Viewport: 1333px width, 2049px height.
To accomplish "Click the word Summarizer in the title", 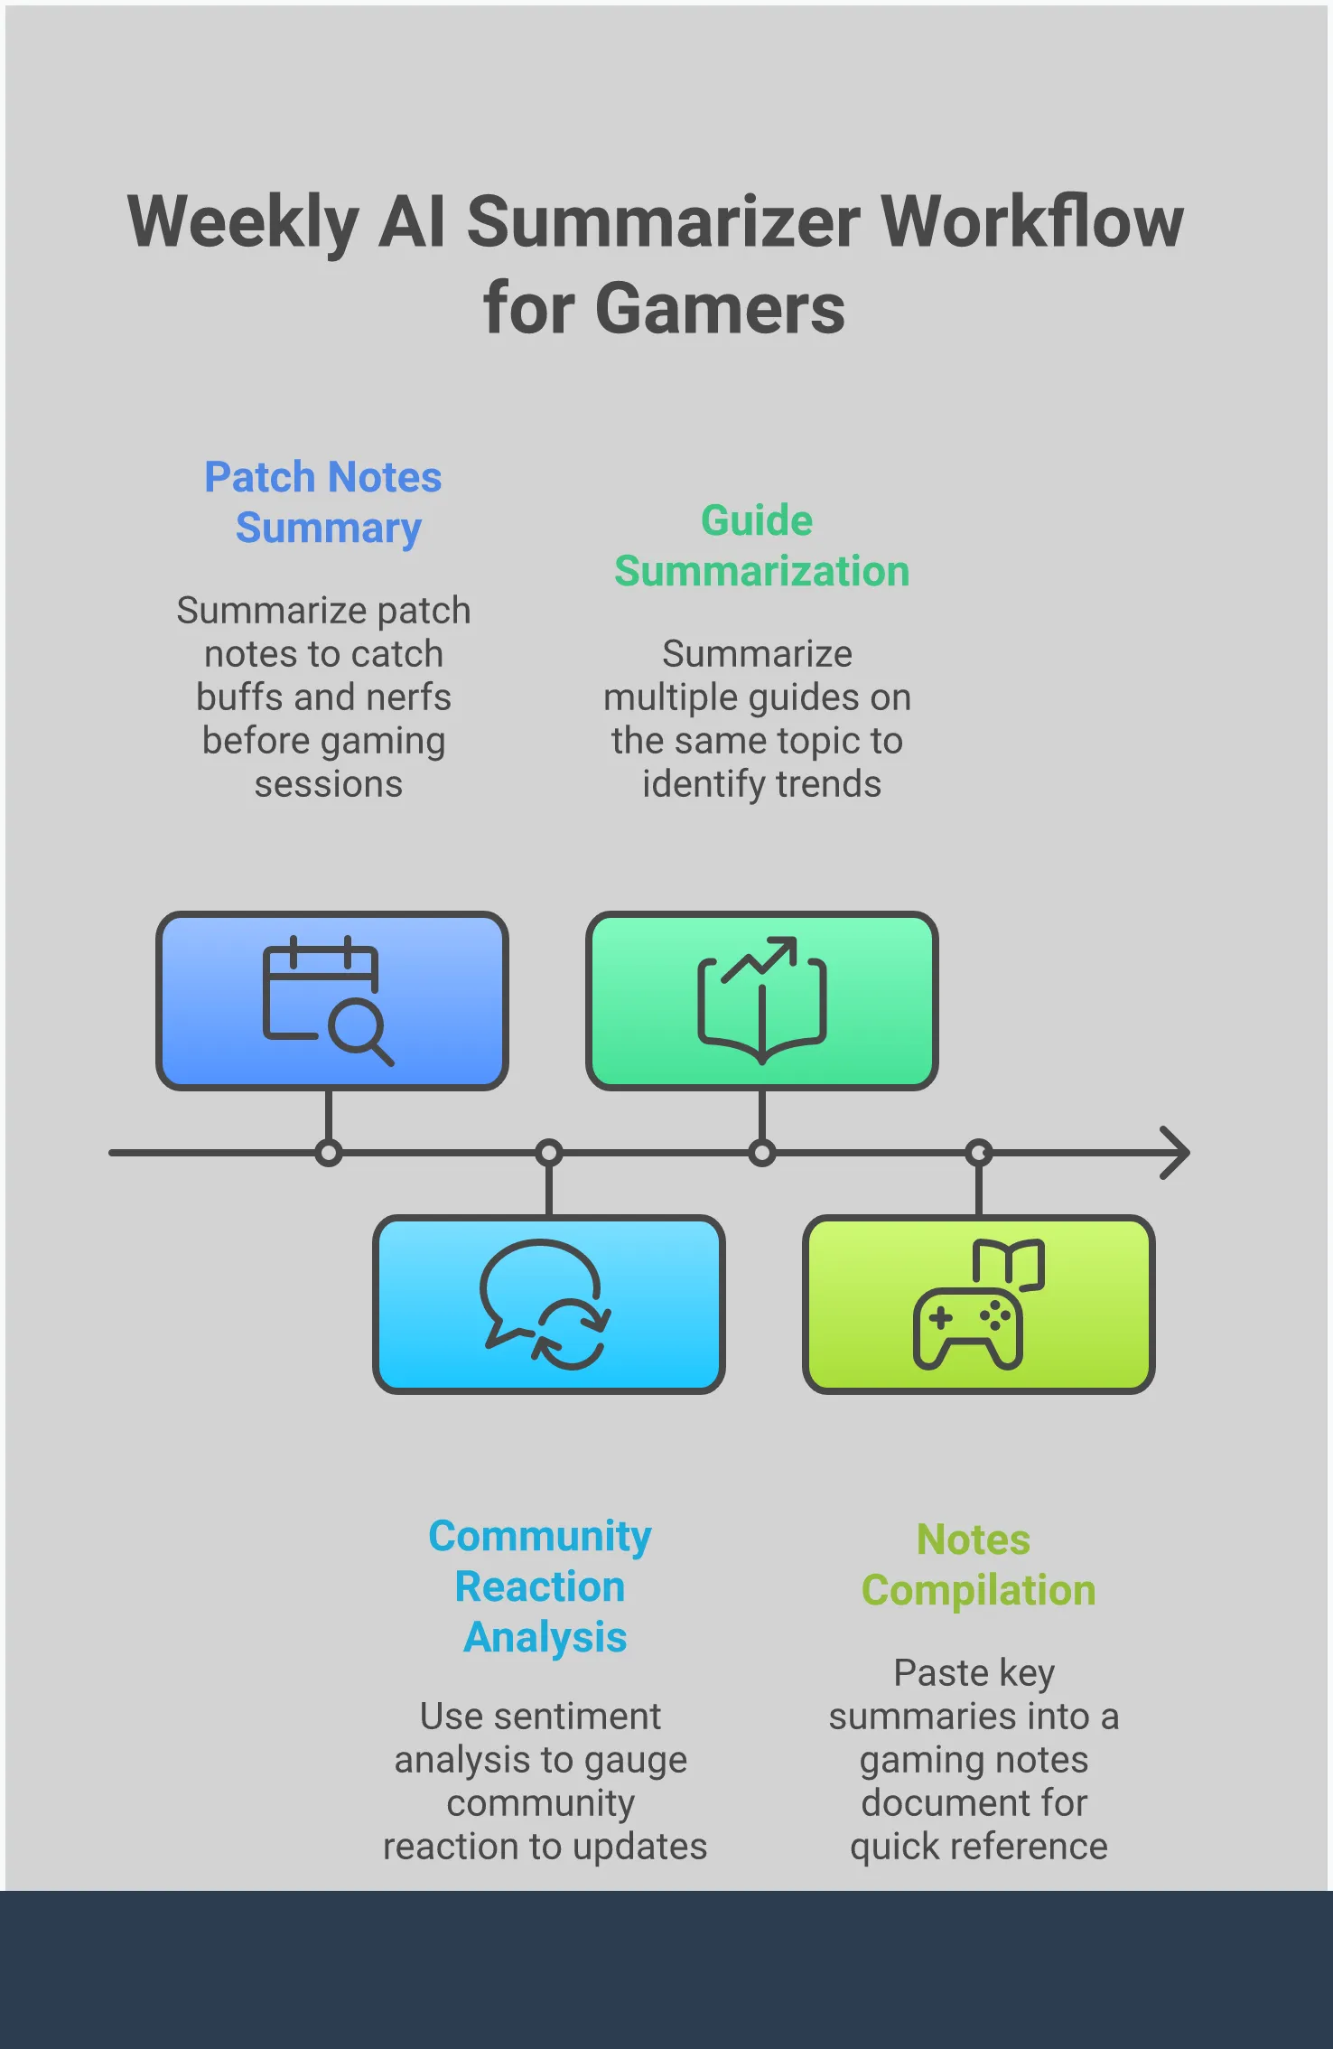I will tap(663, 222).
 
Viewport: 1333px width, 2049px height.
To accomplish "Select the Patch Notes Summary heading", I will tap(324, 502).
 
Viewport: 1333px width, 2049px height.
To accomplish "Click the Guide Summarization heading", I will tap(760, 546).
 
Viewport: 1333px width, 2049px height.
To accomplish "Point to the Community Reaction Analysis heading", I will tap(541, 1586).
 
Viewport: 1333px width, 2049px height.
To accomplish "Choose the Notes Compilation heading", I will tap(977, 1565).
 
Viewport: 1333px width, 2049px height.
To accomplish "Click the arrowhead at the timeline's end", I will tap(1176, 1153).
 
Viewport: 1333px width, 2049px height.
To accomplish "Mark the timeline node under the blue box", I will tap(329, 1153).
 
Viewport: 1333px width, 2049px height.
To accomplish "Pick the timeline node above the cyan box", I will tap(548, 1153).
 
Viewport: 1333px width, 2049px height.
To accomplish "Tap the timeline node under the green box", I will tap(761, 1153).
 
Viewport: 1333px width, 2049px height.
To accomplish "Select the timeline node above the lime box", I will tap(978, 1153).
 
